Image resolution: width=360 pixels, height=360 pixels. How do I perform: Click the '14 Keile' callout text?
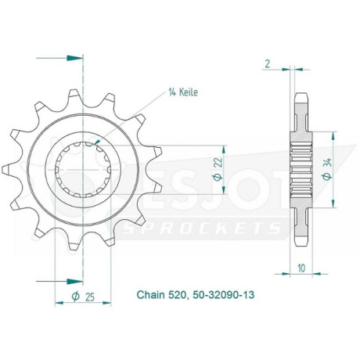point(183,92)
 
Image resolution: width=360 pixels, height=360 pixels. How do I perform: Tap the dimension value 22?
point(219,162)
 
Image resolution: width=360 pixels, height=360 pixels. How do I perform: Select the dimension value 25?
point(89,297)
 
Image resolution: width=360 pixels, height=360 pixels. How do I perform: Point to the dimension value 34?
point(328,162)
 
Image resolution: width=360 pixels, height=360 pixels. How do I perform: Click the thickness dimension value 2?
point(268,64)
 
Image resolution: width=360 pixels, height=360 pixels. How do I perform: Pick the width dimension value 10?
point(301,268)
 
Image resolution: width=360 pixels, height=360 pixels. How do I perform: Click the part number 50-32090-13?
point(223,295)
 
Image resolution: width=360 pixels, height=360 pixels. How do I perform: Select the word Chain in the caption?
point(151,295)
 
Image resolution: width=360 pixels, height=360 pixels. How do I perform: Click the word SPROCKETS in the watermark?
point(201,228)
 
